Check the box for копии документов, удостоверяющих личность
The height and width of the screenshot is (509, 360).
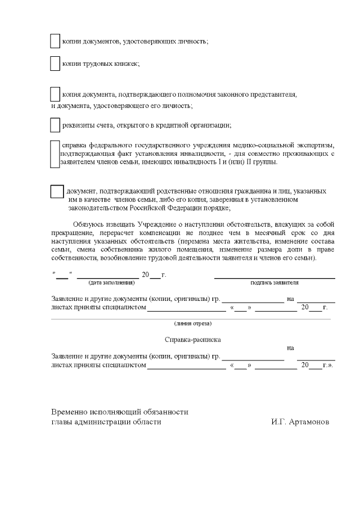coord(55,41)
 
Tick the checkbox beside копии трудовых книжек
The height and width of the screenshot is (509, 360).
coord(55,64)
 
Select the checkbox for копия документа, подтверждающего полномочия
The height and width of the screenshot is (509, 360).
coord(55,94)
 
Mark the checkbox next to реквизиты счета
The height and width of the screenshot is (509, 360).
coord(55,125)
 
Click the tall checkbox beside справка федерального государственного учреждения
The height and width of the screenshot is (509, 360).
coord(55,154)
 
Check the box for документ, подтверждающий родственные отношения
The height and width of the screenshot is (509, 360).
coord(57,191)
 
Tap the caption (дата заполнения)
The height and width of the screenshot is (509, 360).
coord(108,283)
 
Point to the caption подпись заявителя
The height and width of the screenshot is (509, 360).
coord(274,283)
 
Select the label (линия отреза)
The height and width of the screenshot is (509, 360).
coord(193,323)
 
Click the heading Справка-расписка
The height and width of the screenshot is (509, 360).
coord(192,340)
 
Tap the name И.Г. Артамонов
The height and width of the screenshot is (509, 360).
coord(300,422)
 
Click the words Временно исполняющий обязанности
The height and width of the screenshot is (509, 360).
coord(120,412)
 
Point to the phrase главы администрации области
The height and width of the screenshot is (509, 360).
coord(110,422)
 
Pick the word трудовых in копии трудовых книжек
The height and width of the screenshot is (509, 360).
coord(98,64)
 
